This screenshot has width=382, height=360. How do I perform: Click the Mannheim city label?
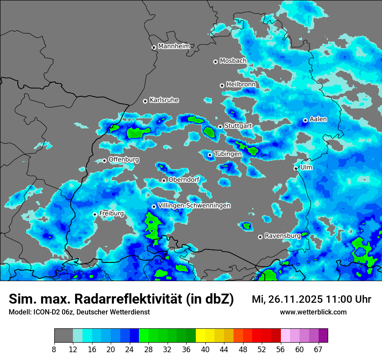[x=174, y=46]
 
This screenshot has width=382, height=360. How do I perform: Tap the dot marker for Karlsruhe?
[x=145, y=101]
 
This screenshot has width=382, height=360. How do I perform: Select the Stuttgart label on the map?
[x=238, y=126]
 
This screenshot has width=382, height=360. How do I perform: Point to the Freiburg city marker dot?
[x=95, y=214]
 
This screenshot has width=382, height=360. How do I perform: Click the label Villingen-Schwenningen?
[x=194, y=206]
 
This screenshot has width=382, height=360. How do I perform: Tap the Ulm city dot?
[x=296, y=168]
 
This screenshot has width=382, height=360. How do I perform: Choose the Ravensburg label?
[x=283, y=236]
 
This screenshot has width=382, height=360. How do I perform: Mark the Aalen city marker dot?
[x=305, y=120]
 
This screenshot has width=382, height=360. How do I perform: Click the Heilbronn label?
[x=241, y=84]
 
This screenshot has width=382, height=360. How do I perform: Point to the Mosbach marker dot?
[x=215, y=62]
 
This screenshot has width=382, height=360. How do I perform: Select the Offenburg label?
[x=124, y=160]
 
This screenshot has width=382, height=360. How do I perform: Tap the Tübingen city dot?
[x=210, y=155]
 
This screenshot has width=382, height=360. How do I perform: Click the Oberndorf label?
[x=184, y=180]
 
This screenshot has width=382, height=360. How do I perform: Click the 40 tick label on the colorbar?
[x=205, y=349]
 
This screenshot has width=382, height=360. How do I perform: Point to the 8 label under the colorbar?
[x=54, y=349]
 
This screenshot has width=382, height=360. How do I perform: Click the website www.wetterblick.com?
[x=313, y=312]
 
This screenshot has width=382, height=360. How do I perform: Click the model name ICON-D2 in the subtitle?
[x=47, y=312]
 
